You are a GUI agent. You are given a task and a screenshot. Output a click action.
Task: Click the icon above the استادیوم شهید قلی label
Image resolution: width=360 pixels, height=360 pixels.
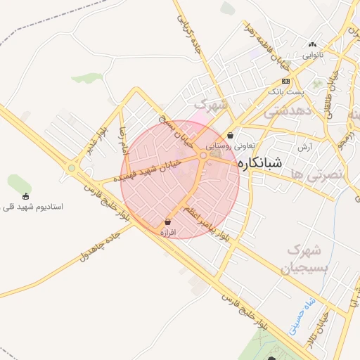[x=26, y=196]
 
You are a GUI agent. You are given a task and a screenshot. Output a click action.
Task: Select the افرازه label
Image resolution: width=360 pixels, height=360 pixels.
[x=167, y=231]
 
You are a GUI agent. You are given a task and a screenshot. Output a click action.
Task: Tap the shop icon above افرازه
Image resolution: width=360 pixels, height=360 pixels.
[x=167, y=221]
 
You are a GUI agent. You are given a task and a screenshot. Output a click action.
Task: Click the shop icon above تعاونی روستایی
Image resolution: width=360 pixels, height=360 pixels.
[x=231, y=136]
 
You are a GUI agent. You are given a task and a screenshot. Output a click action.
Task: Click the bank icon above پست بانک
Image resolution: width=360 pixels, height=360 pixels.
[x=285, y=81]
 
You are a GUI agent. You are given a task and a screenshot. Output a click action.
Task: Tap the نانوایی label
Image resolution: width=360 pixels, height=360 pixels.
[x=314, y=54]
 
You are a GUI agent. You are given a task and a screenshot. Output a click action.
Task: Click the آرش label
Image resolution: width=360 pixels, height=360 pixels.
[x=304, y=146]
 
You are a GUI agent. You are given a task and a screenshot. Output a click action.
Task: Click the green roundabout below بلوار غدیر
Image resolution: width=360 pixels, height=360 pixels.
[x=71, y=167]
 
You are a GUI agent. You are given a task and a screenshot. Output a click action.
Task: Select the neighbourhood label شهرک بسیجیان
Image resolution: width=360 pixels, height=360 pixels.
[x=304, y=258]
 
